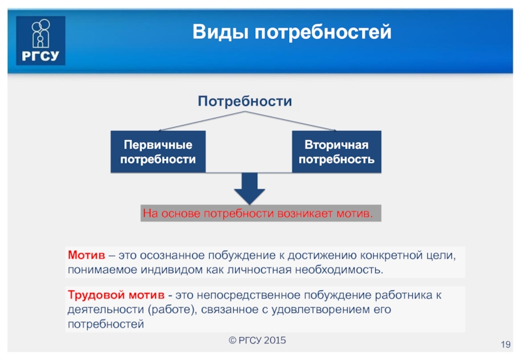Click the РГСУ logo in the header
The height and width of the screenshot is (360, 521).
(x=41, y=40)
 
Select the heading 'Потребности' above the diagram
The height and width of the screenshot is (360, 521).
(x=244, y=102)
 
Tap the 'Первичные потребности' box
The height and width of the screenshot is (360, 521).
(x=158, y=151)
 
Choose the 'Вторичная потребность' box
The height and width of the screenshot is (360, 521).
(x=336, y=151)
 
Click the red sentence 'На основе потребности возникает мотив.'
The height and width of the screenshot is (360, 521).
(x=259, y=214)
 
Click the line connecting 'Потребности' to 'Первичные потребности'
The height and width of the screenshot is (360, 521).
(x=201, y=120)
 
